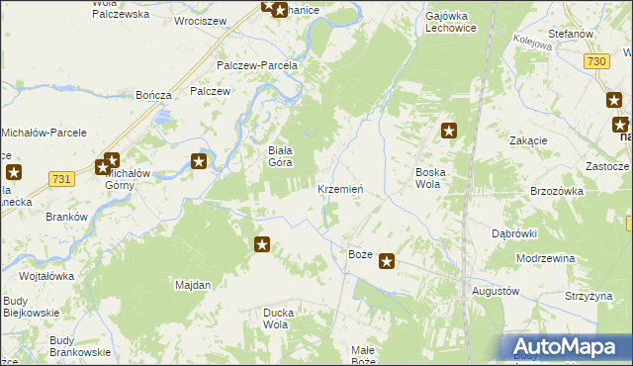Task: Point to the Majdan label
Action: pyautogui.click(x=193, y=285)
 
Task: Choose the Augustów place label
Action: pyautogui.click(x=496, y=292)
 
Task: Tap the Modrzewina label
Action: pyautogui.click(x=545, y=257)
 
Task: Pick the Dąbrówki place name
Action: pyautogui.click(x=513, y=234)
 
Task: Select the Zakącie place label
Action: pyautogui.click(x=528, y=140)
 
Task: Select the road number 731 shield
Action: pyautogui.click(x=61, y=178)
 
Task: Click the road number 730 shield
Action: pyautogui.click(x=595, y=61)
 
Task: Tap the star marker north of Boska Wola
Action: pyautogui.click(x=449, y=130)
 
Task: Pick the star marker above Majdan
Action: pyautogui.click(x=262, y=244)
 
